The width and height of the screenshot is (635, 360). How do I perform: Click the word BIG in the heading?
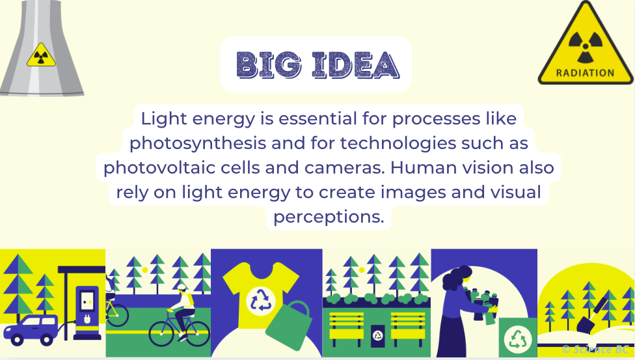click(269, 65)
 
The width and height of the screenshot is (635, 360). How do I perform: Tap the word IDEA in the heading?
click(356, 65)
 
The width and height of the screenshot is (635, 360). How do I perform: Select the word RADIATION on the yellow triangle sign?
click(585, 73)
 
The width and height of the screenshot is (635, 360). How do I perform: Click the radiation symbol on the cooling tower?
click(41, 55)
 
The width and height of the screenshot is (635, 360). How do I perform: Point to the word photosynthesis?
click(198, 143)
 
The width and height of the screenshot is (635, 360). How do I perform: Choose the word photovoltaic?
click(159, 168)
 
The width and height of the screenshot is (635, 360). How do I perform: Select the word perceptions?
click(329, 217)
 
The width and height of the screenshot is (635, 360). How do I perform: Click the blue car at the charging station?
click(31, 330)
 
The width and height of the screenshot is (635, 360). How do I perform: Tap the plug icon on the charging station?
click(87, 319)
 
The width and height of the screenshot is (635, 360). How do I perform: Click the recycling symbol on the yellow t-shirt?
click(261, 301)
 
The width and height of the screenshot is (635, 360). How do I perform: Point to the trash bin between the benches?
click(377, 336)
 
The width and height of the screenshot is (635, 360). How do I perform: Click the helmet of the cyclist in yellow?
click(182, 288)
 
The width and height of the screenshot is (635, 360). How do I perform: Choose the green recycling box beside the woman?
click(517, 337)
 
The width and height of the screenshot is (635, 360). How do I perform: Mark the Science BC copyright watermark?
click(595, 350)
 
